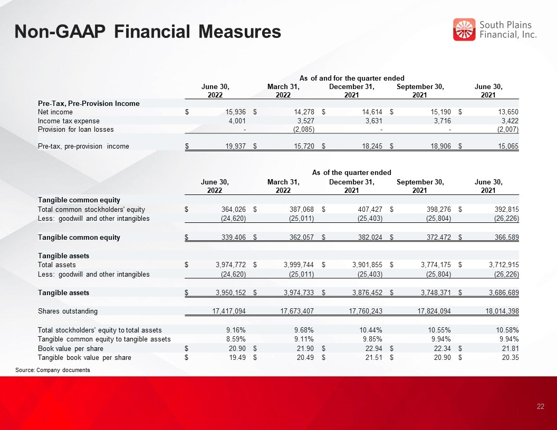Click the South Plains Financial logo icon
click(x=464, y=30)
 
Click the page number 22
click(x=540, y=407)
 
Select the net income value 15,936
click(x=236, y=112)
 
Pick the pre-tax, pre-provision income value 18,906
click(x=440, y=146)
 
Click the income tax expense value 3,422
click(x=510, y=121)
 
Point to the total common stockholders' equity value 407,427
click(x=370, y=210)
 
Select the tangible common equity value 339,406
click(x=233, y=237)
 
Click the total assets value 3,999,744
click(x=299, y=265)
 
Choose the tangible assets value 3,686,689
click(x=504, y=292)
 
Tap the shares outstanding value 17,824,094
click(x=434, y=311)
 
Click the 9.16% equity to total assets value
click(x=236, y=330)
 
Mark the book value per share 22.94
click(x=373, y=349)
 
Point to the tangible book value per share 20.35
click(x=510, y=358)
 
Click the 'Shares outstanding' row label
click(x=68, y=311)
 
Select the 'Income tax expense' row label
click(x=69, y=121)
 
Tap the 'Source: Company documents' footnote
click(x=53, y=370)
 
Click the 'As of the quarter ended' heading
click(x=351, y=173)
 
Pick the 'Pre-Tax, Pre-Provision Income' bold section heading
click(x=89, y=104)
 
